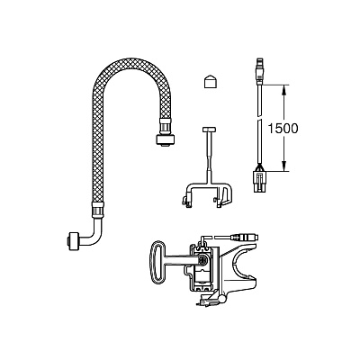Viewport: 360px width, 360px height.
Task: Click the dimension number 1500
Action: (283, 129)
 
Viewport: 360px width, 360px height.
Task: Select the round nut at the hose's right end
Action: (166, 140)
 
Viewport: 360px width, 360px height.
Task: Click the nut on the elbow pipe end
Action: (72, 240)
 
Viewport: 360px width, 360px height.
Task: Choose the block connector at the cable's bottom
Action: (260, 182)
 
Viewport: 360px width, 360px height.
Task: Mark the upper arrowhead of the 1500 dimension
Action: (283, 89)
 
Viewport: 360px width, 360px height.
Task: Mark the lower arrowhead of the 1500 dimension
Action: (283, 166)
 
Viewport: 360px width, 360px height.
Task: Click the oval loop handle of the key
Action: (155, 262)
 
